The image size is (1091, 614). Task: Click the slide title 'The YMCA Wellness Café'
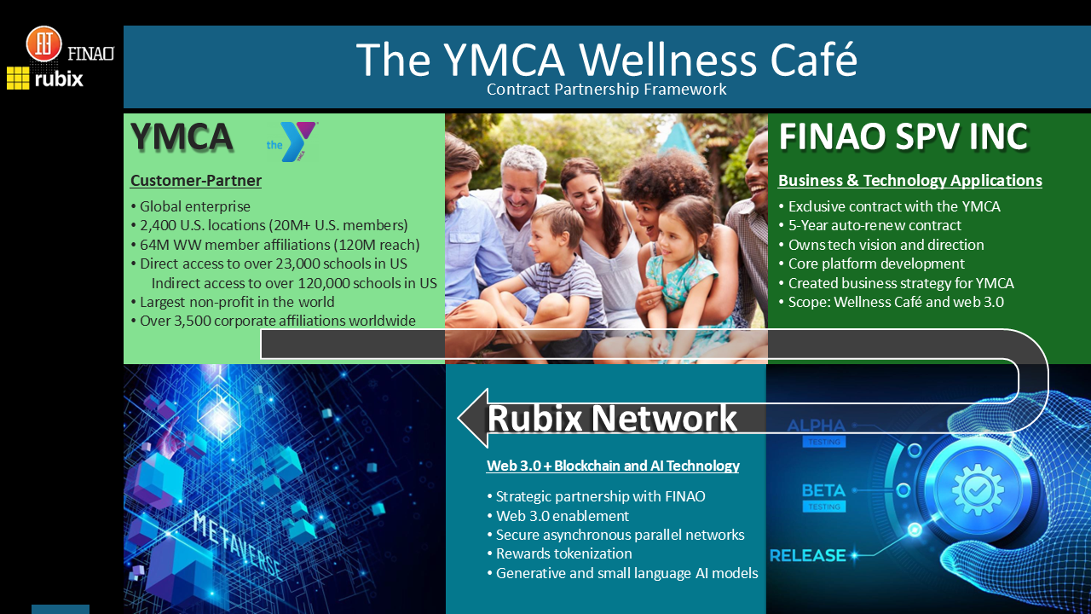(x=606, y=59)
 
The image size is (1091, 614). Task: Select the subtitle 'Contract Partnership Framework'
(x=606, y=89)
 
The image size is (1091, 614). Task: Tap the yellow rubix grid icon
(x=18, y=78)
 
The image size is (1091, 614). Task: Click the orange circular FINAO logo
(x=43, y=44)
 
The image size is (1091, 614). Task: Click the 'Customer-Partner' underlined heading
(x=196, y=181)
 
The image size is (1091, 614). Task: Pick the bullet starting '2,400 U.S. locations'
(x=269, y=225)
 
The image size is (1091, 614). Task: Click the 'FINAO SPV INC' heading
(x=903, y=137)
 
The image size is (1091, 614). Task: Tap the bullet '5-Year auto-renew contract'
(x=875, y=225)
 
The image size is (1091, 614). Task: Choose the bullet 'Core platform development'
(x=876, y=264)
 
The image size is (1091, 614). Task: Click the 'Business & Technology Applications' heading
(x=909, y=181)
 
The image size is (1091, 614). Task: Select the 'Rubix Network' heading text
(x=611, y=418)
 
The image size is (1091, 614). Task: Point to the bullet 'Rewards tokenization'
(x=563, y=553)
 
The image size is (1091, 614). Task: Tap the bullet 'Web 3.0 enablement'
(x=562, y=516)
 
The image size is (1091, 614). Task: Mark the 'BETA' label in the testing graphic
(x=823, y=491)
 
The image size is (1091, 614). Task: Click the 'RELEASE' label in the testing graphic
(x=807, y=556)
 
